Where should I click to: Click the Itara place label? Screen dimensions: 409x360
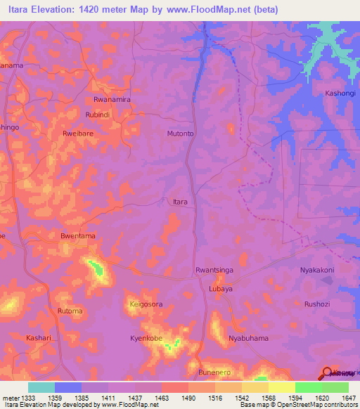point(180,202)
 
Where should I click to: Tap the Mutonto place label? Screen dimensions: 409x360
point(180,133)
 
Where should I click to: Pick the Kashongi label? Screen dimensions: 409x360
point(340,93)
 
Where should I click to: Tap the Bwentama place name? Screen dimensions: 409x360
point(78,237)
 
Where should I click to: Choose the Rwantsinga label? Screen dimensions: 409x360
point(214,270)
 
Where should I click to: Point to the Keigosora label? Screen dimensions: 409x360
point(146,304)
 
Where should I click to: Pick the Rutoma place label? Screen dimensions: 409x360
point(70,311)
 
